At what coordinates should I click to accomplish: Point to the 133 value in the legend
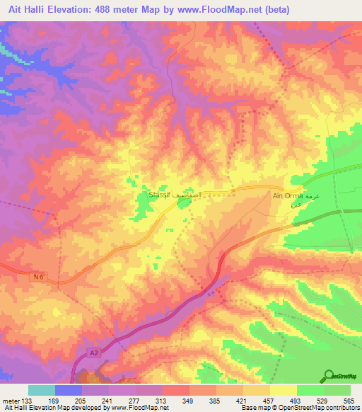pos(28,401)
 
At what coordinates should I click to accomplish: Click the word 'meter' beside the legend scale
pos(11,401)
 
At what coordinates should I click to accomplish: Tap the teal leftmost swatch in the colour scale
pos(42,390)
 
